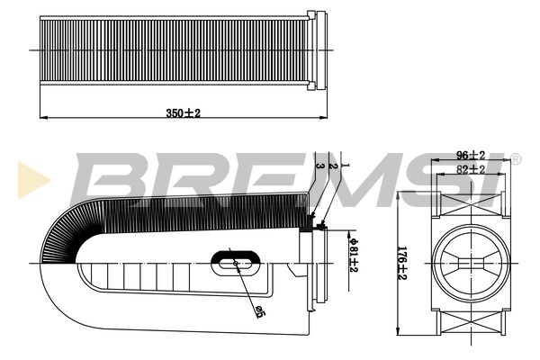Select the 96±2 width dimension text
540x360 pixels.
(471, 155)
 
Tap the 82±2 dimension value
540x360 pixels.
(471, 168)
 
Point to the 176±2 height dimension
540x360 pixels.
(404, 262)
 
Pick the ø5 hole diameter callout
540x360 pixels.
(258, 311)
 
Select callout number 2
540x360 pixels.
(332, 164)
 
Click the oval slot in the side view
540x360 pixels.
(237, 262)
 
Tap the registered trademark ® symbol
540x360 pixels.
(515, 159)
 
